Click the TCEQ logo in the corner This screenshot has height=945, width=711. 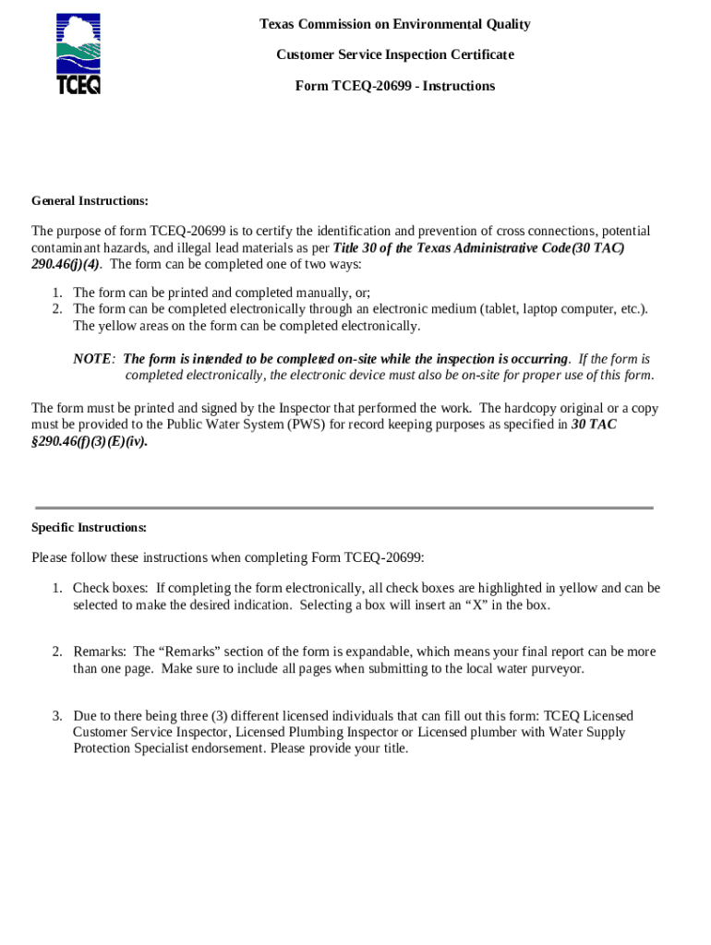[x=78, y=54]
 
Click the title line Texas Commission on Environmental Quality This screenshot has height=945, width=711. [x=394, y=24]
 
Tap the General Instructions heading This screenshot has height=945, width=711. [x=90, y=201]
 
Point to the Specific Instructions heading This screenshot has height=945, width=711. [x=89, y=528]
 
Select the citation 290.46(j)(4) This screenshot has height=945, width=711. [x=65, y=264]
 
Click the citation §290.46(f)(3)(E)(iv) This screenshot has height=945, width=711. [x=89, y=441]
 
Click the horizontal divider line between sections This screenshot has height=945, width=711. [x=343, y=508]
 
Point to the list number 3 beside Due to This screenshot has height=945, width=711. [x=56, y=716]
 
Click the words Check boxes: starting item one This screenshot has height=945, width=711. [x=110, y=589]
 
